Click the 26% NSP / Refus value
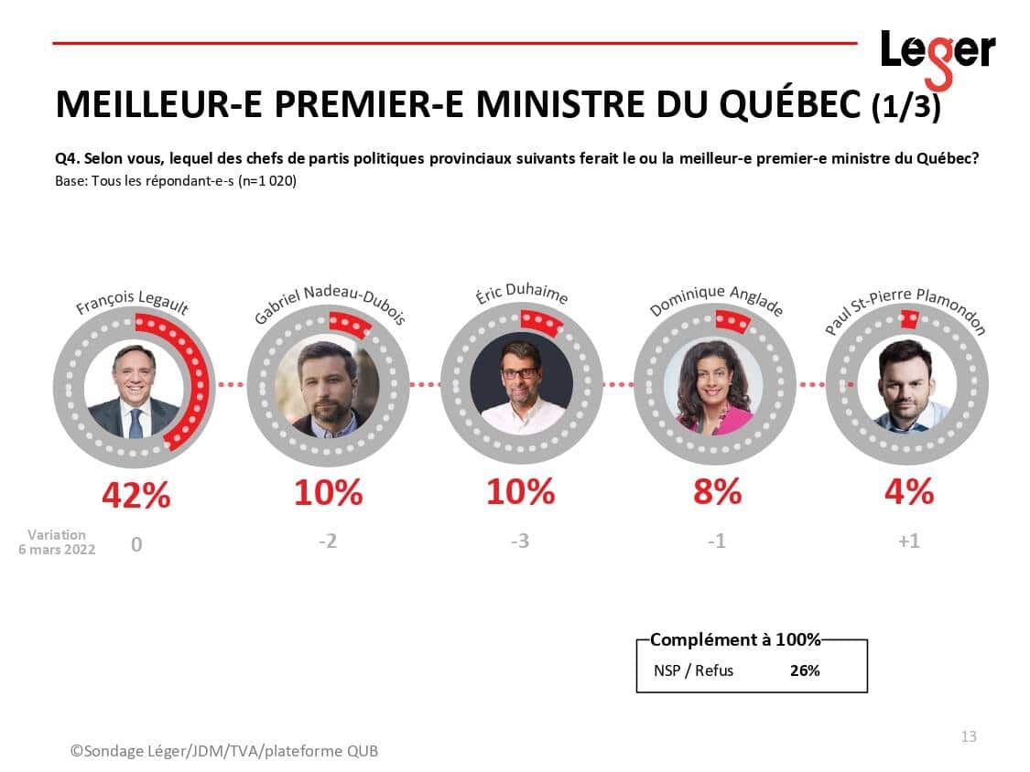tap(805, 670)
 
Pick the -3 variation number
tap(520, 541)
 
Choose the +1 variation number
tap(908, 541)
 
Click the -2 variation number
tap(328, 541)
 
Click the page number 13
tap(969, 736)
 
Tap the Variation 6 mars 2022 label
tap(57, 542)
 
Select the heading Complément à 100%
tap(735, 639)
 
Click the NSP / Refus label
tap(693, 670)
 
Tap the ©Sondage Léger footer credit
tap(223, 751)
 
